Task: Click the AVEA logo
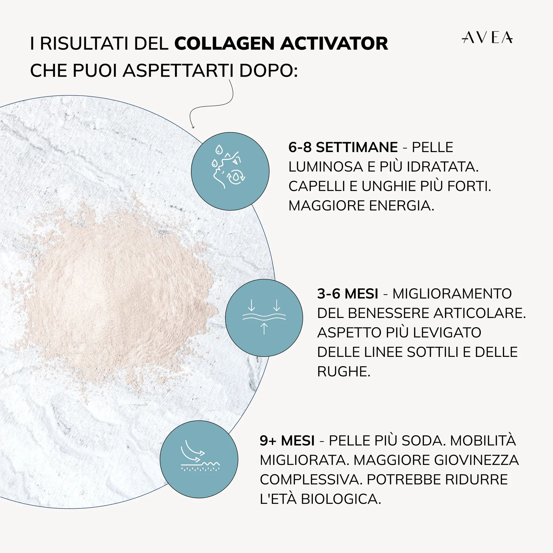(487, 38)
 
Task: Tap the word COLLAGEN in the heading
(225, 44)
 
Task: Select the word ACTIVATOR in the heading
(334, 44)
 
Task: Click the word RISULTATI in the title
(84, 44)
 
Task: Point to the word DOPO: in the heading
(268, 71)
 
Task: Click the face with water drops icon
(230, 171)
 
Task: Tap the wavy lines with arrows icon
(264, 317)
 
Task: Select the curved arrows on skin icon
(199, 459)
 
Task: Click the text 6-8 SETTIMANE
(343, 147)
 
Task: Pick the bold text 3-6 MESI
(347, 294)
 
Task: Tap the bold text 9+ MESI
(287, 441)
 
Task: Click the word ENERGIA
(402, 206)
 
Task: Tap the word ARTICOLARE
(479, 313)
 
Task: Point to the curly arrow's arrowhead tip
(193, 128)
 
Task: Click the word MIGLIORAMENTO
(452, 294)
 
